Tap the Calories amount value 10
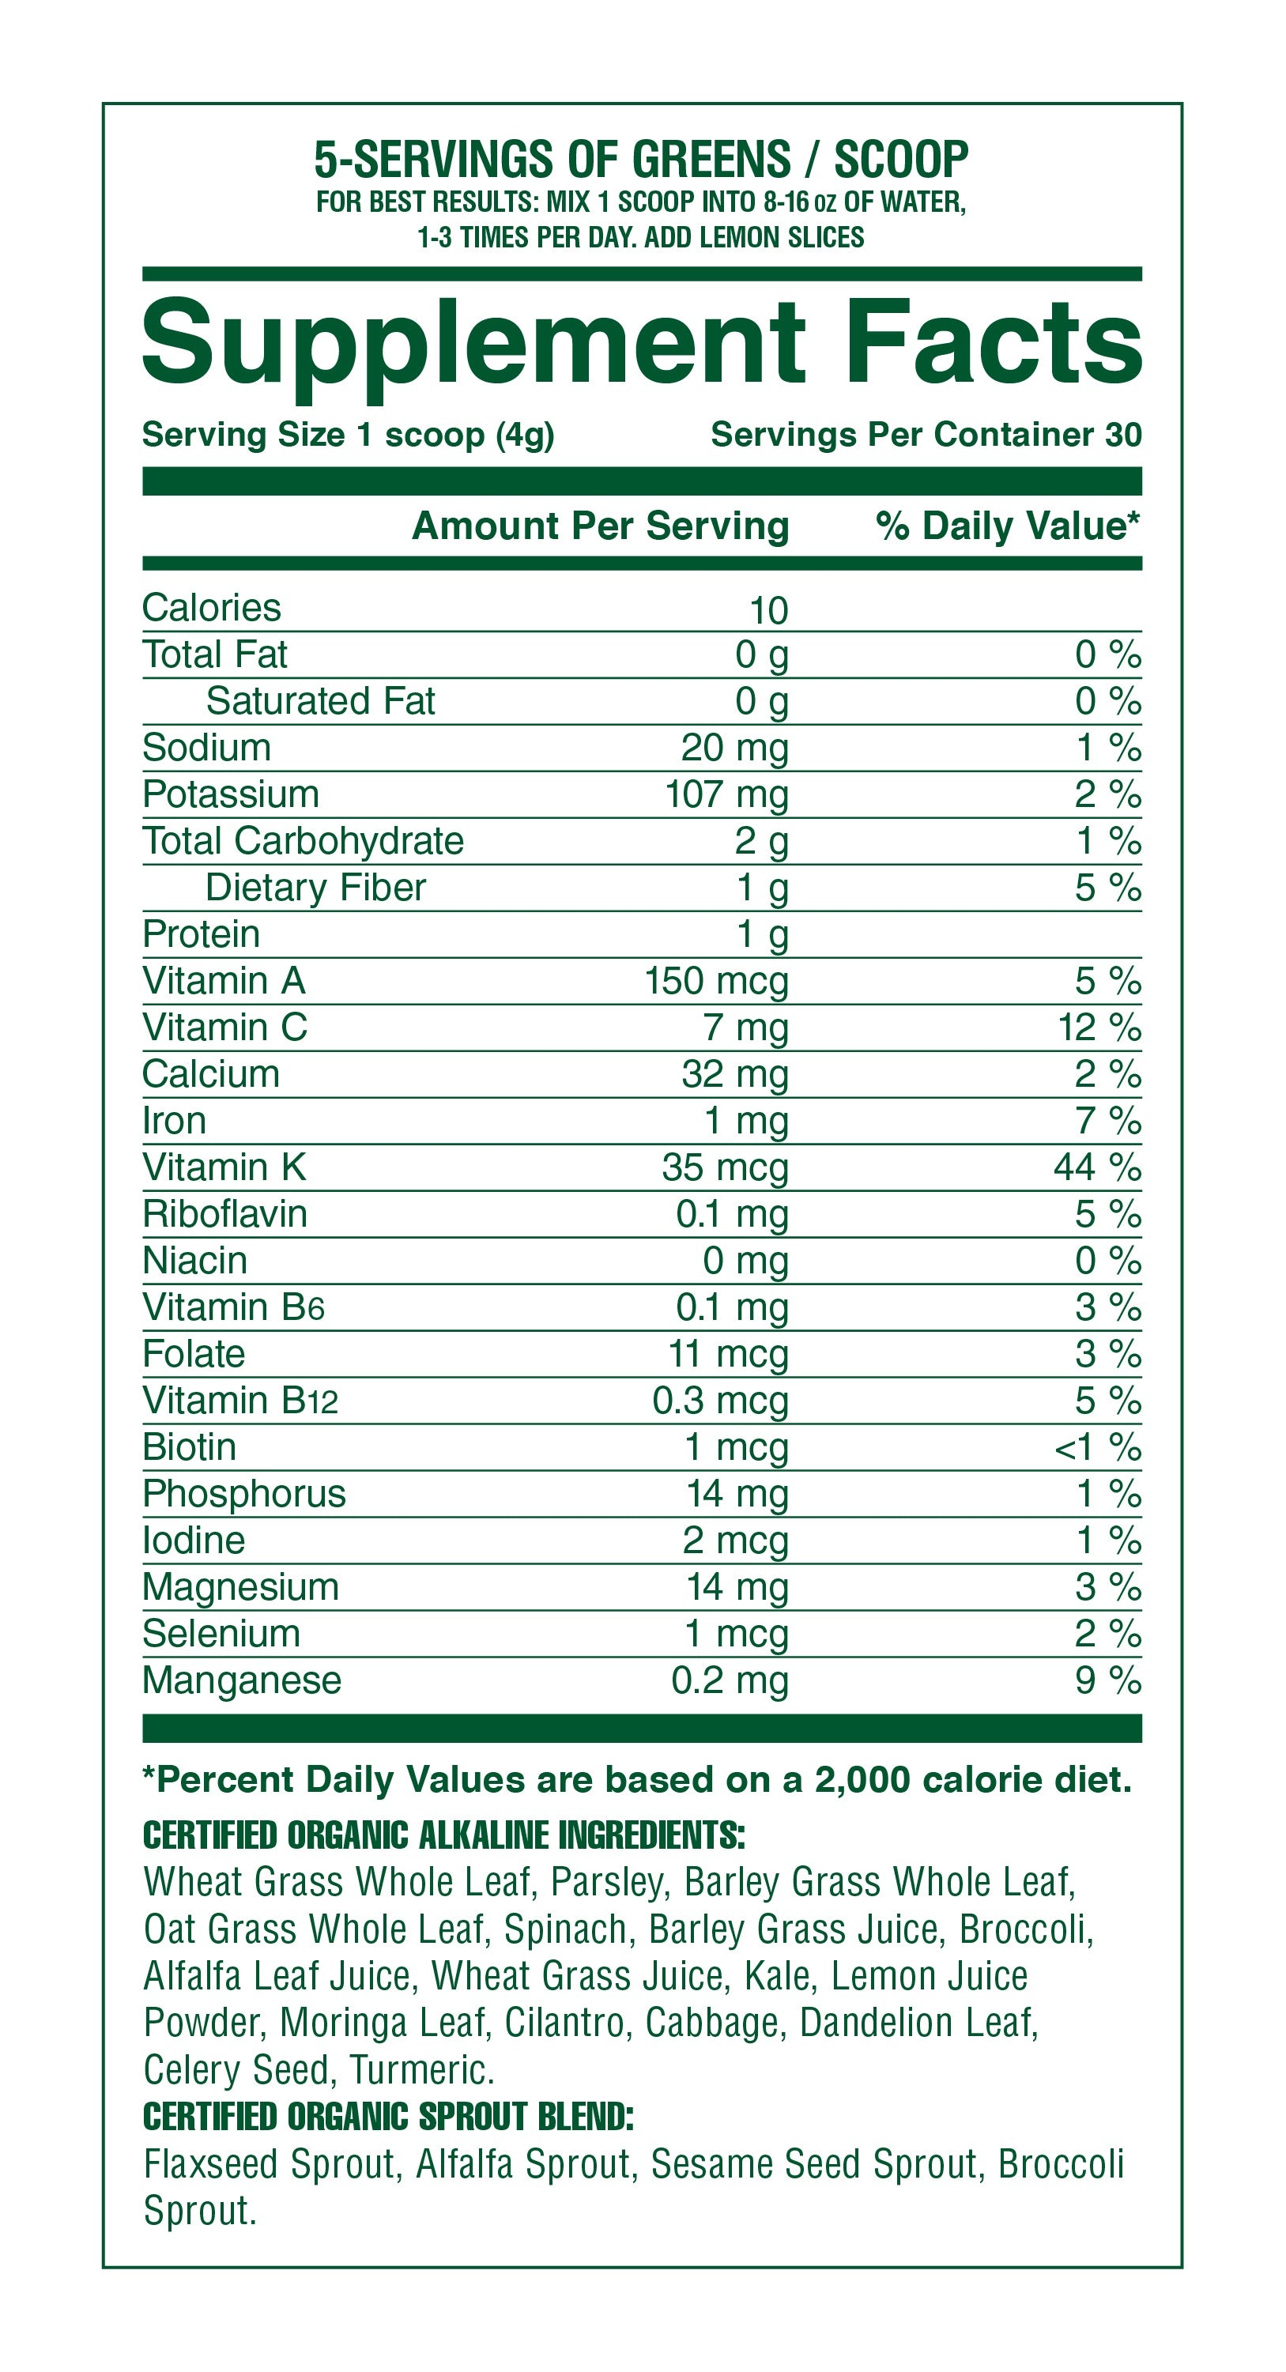point(768,610)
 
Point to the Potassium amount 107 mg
point(726,794)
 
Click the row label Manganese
point(242,1680)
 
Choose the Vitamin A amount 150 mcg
point(716,982)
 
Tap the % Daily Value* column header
point(1007,526)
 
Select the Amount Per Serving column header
point(600,526)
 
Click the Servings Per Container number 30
point(1122,435)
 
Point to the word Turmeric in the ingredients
point(421,2070)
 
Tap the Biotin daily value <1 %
point(1097,1447)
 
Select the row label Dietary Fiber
point(315,888)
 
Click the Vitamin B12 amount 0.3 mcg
point(720,1401)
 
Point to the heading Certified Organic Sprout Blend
point(388,2117)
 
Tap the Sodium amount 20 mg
point(734,748)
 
